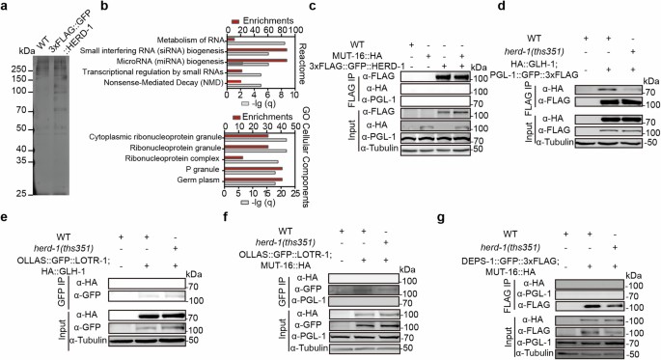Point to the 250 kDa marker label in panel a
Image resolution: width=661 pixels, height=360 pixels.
16,69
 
